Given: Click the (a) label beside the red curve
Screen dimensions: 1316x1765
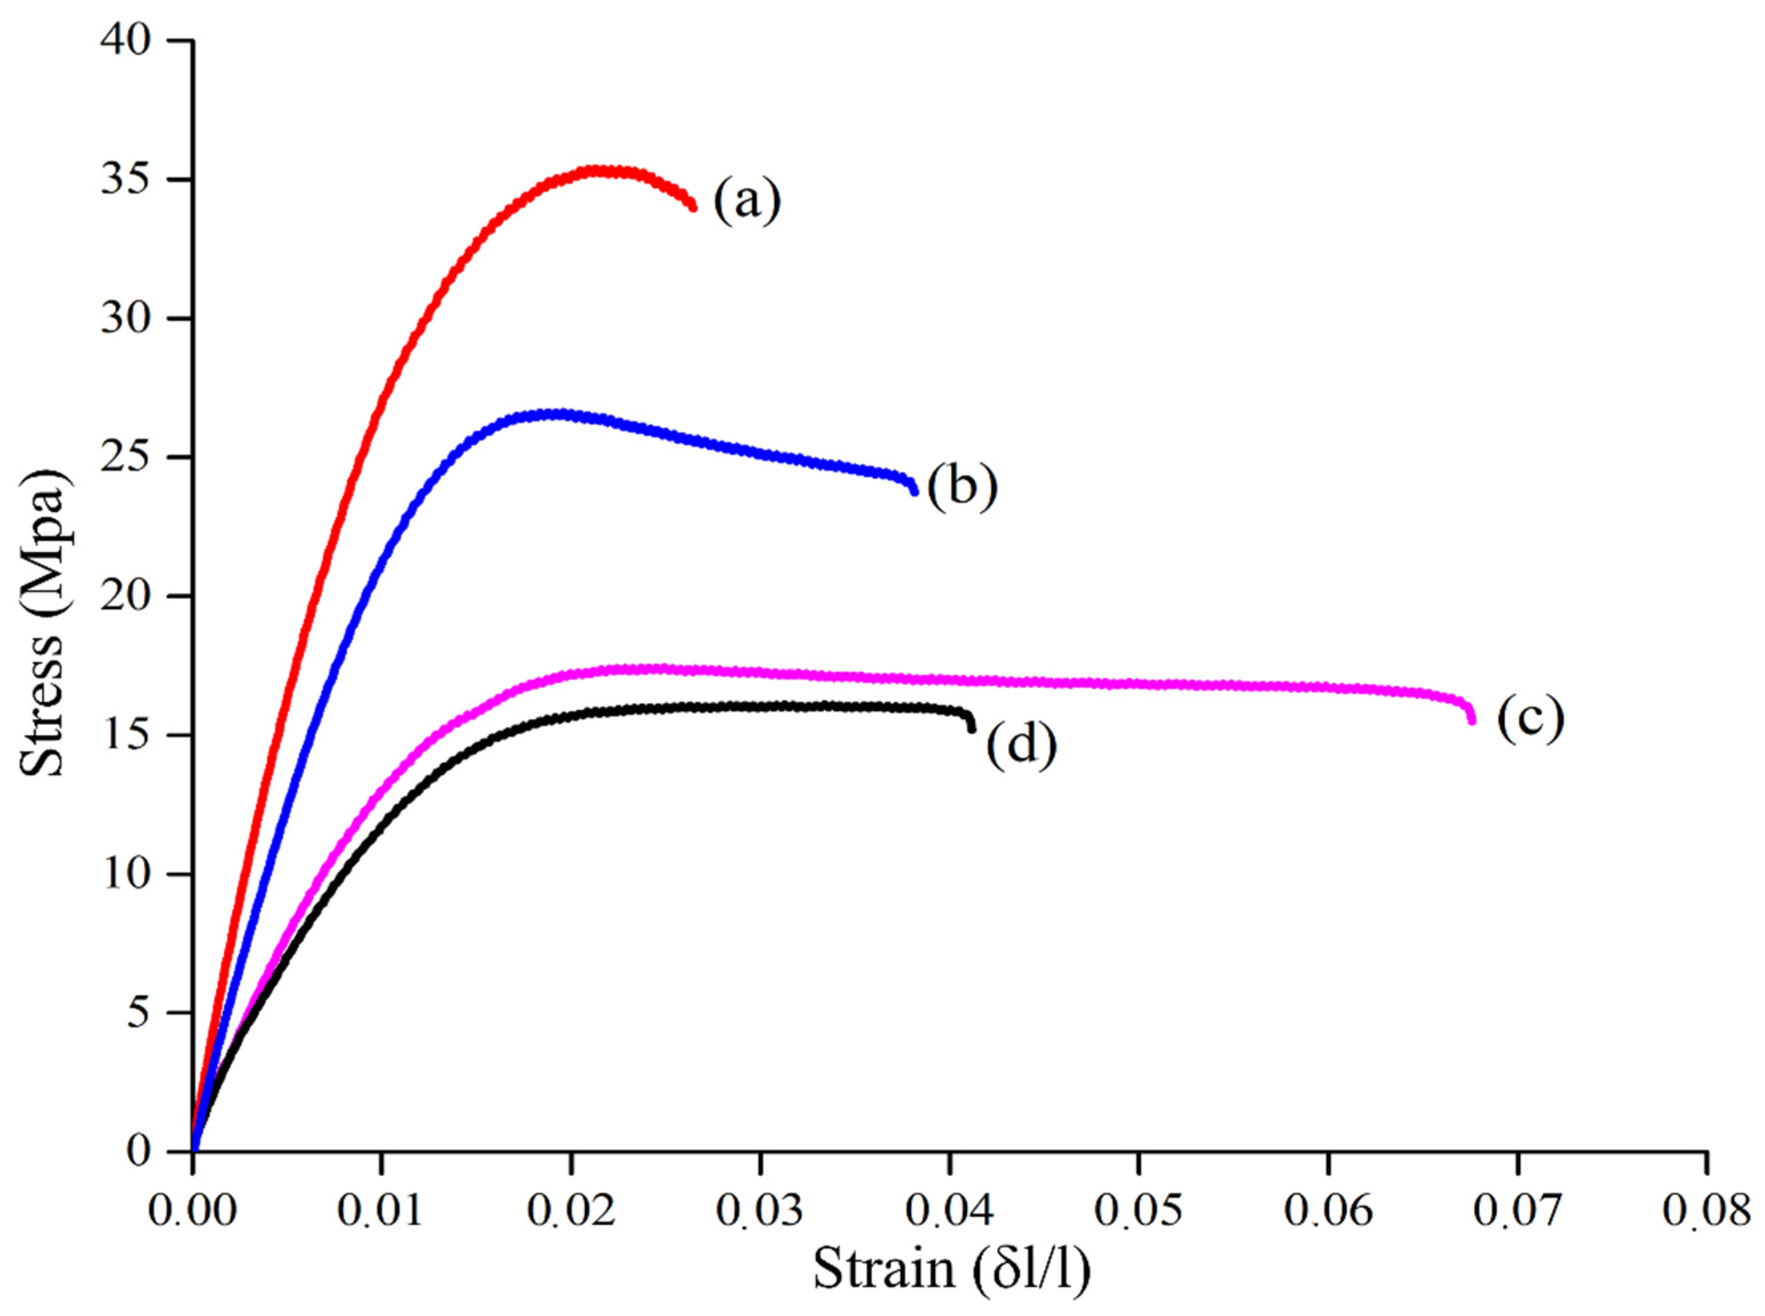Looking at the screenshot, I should coord(746,201).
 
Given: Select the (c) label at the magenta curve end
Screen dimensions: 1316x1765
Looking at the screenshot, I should coord(1530,719).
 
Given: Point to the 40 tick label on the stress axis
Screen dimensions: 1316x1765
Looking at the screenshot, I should coord(125,40).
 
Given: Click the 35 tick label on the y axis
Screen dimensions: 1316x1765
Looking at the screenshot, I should coord(125,179).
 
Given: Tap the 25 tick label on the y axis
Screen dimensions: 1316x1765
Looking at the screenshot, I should coord(125,457).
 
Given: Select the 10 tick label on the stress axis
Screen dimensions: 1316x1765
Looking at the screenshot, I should coord(125,874).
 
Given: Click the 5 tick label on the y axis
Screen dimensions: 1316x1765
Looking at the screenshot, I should coord(137,1013).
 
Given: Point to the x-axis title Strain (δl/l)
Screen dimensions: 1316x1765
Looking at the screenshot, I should coord(951,1271).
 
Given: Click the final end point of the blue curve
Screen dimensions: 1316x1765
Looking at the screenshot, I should coord(914,491).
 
